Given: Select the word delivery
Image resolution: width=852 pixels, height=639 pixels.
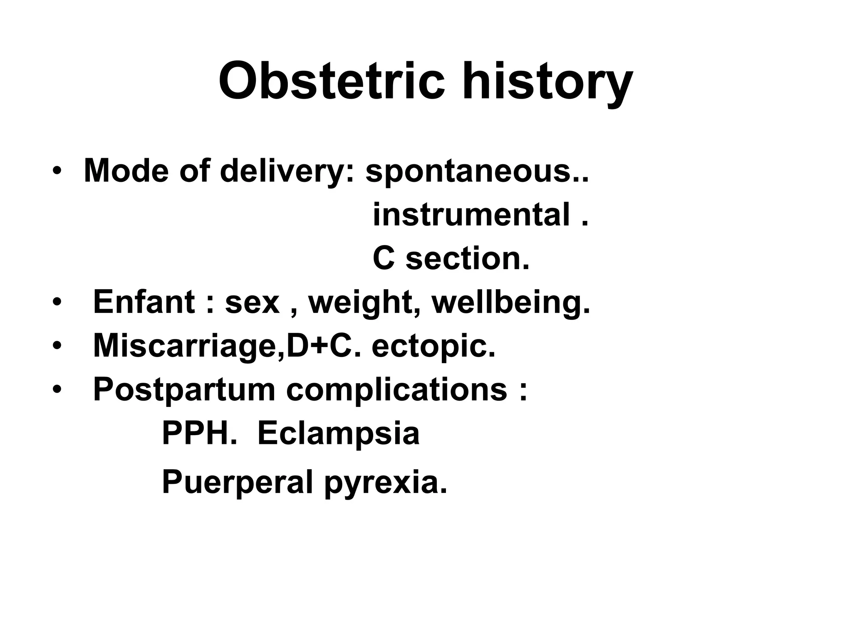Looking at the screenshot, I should pos(287,171).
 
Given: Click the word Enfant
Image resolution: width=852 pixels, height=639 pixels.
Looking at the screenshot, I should pos(144,302).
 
